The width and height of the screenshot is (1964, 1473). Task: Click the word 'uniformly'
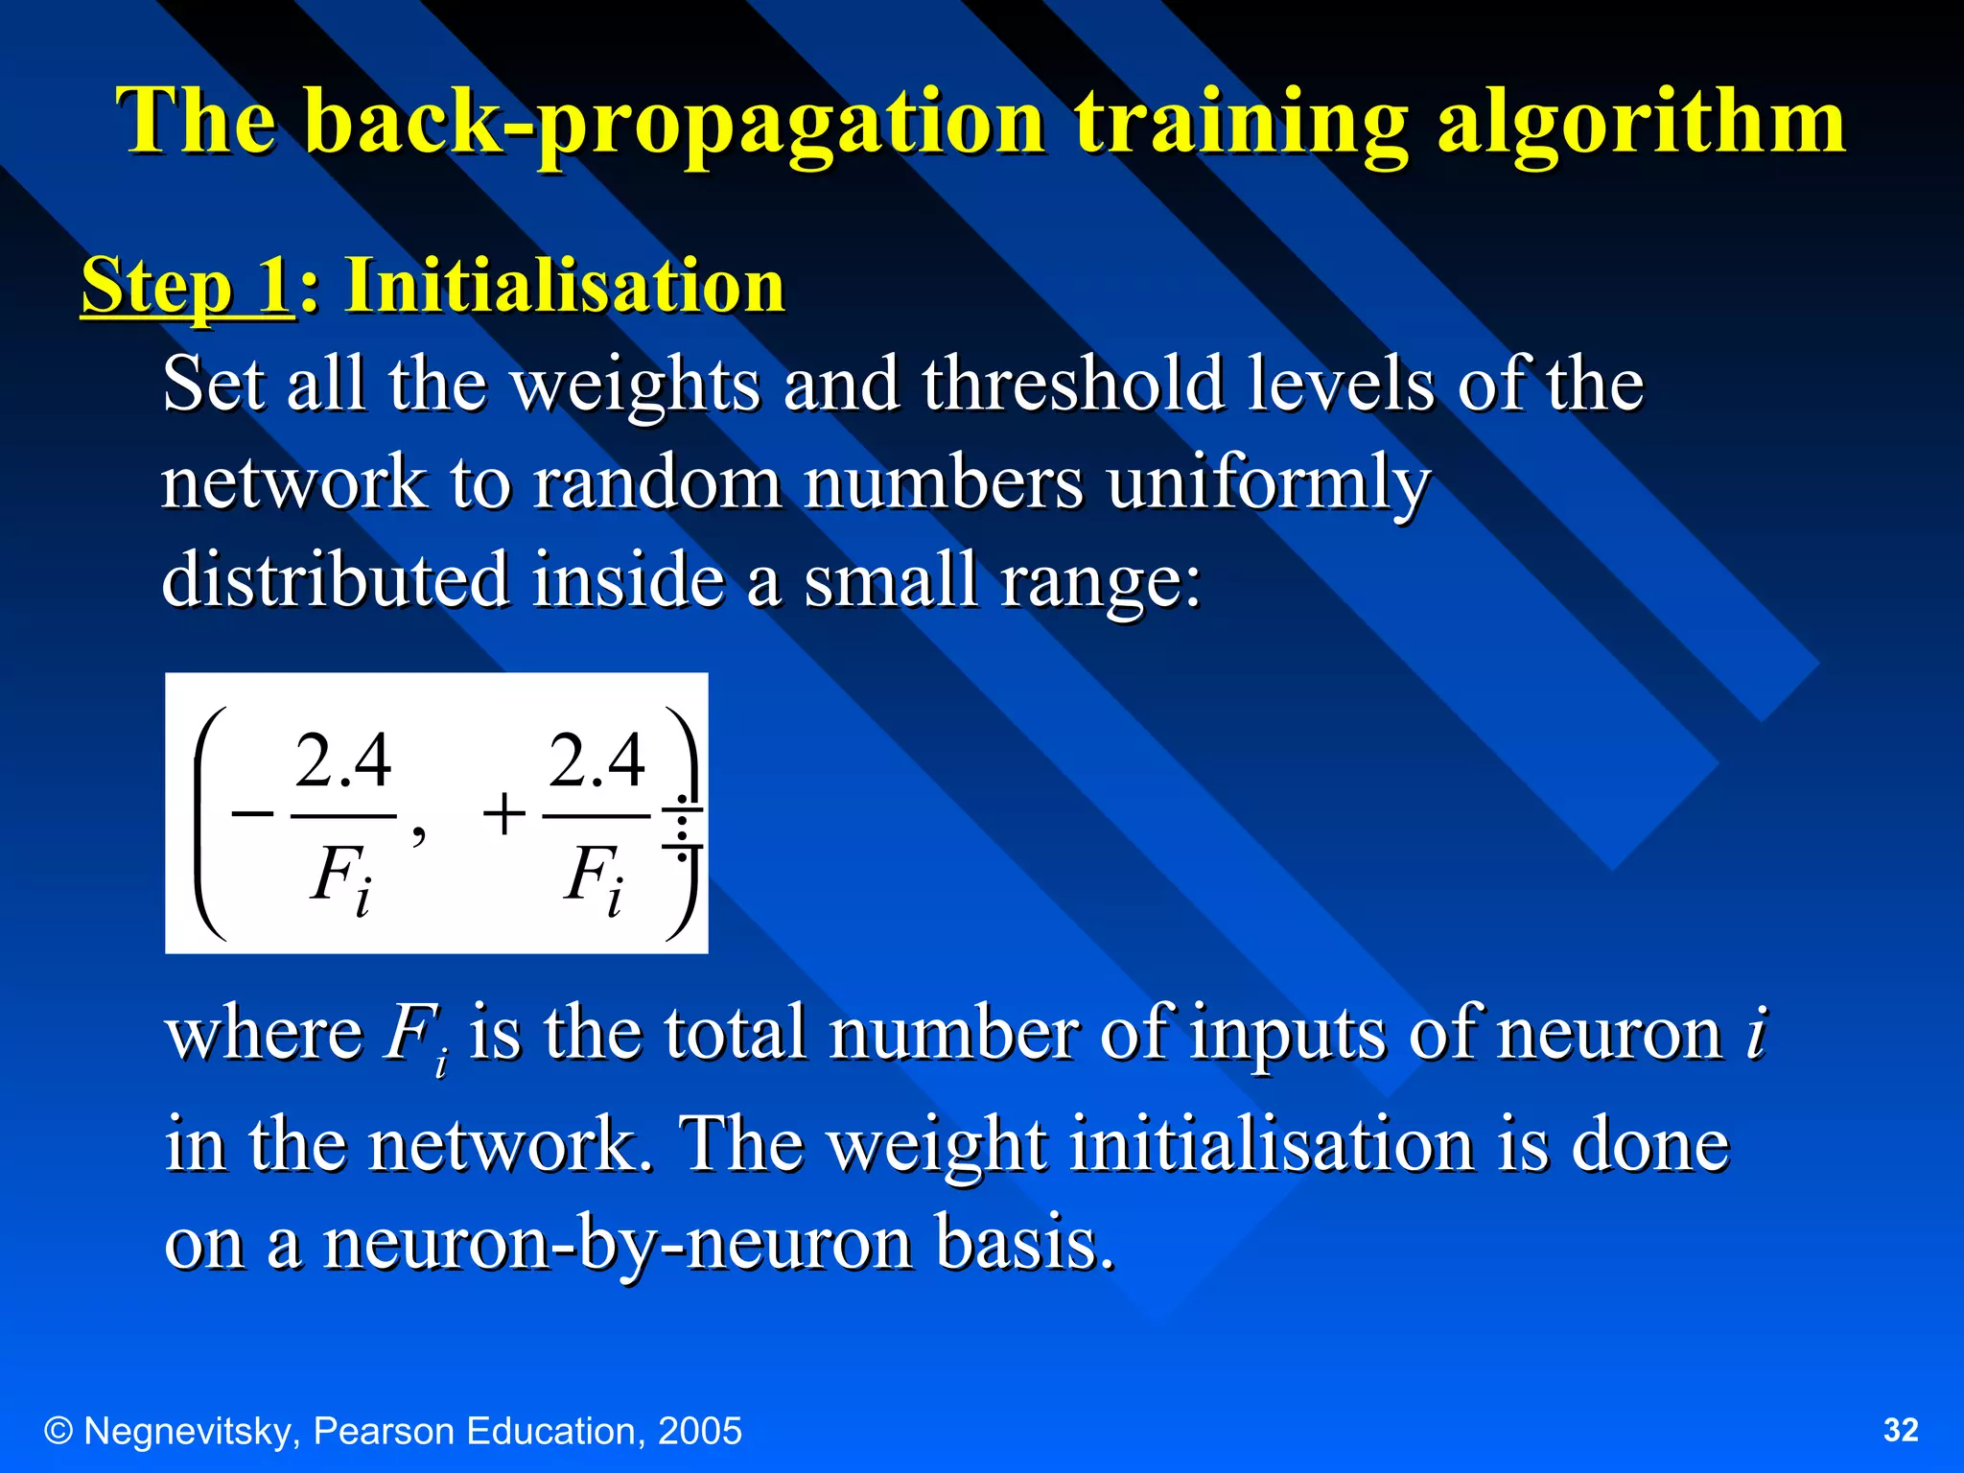tap(1268, 482)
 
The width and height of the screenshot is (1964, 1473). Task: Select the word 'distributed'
tap(335, 579)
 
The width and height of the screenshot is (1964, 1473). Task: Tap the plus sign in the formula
tap(504, 816)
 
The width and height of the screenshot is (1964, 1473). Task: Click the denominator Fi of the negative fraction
tap(340, 878)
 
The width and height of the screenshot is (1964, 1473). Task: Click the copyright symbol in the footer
tap(58, 1431)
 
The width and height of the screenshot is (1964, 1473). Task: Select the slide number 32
tap(1901, 1430)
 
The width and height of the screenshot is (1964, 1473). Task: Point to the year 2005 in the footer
tap(699, 1431)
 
